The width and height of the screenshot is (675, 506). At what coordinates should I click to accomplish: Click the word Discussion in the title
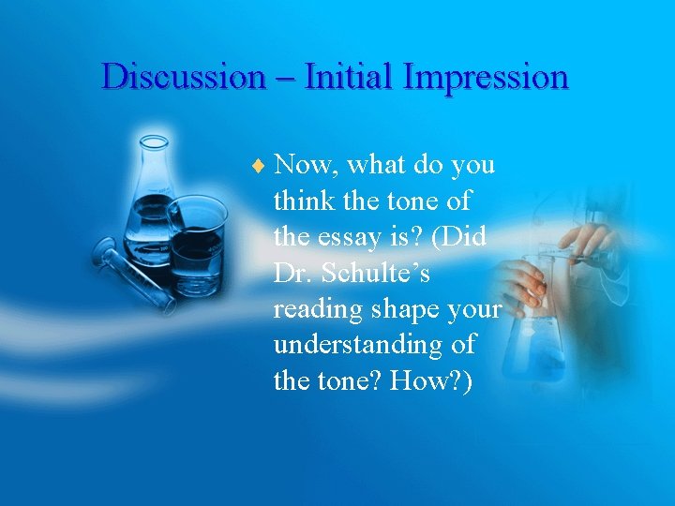(x=183, y=76)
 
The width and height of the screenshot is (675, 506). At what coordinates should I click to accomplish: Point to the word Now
(x=309, y=166)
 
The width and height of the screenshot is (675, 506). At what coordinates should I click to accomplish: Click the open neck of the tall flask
(x=154, y=141)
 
